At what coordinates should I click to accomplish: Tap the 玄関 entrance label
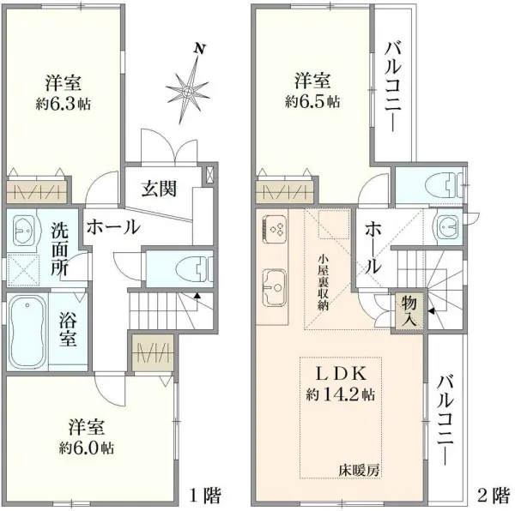160,188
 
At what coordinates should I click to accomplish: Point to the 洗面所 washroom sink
26,230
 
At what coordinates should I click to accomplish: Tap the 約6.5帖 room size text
312,101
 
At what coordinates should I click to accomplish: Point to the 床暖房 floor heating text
357,470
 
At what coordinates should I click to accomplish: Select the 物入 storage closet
408,312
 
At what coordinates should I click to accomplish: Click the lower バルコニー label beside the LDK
446,419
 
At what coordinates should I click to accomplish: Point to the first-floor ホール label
112,227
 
